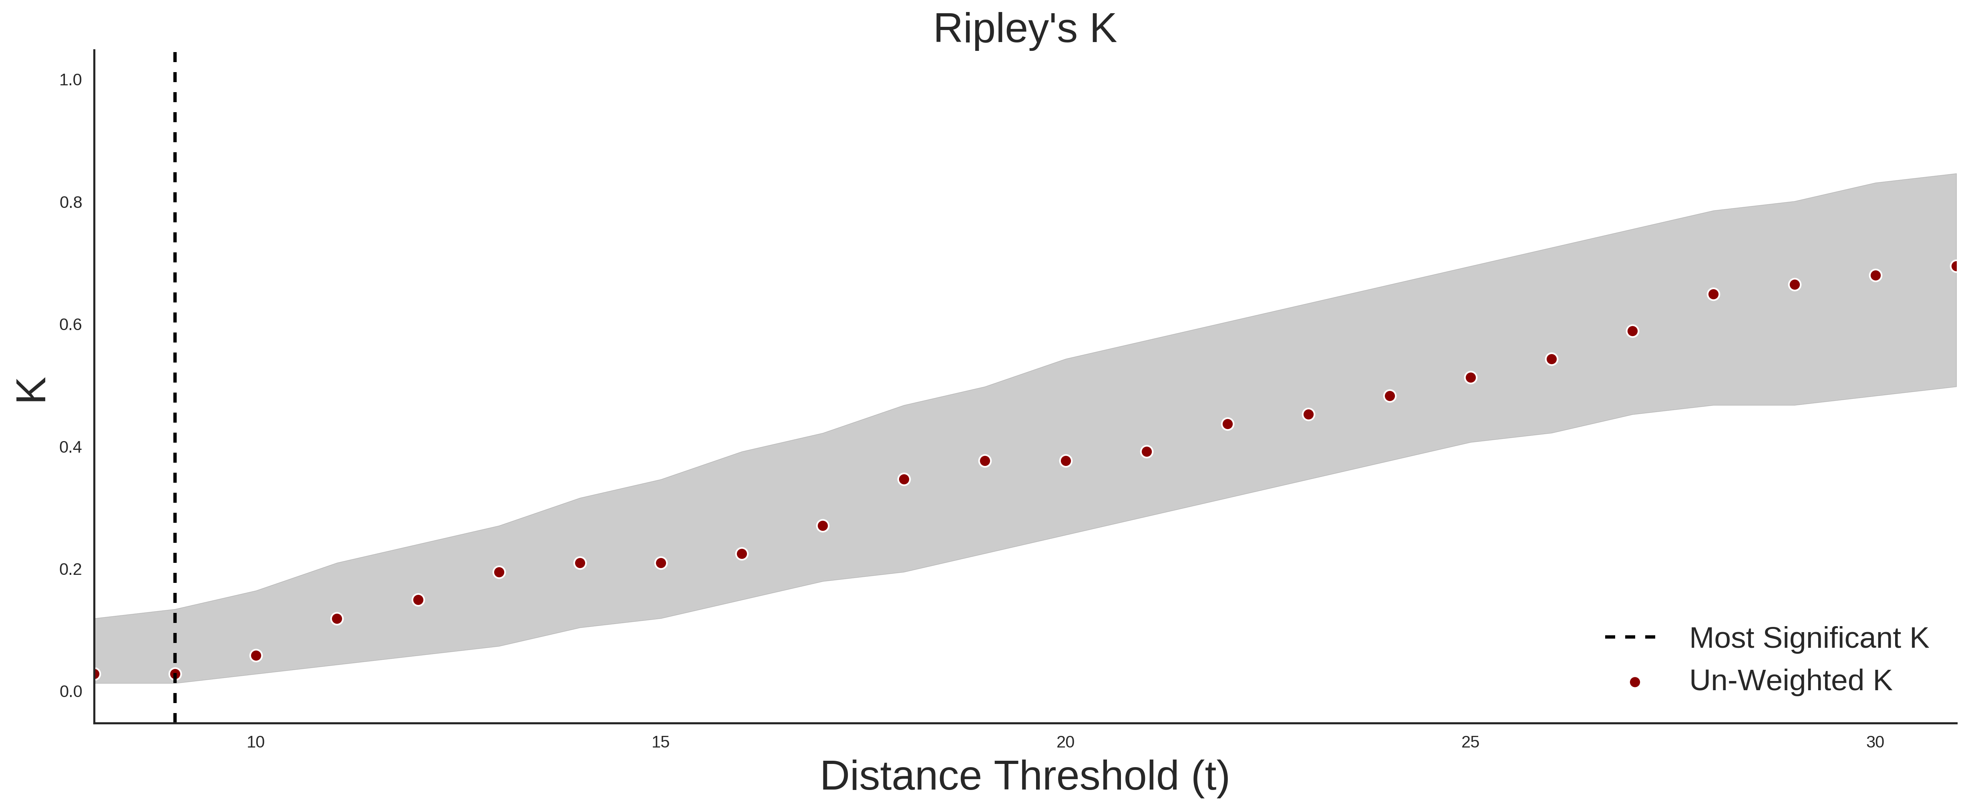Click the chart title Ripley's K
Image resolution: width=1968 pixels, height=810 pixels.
[x=1024, y=29]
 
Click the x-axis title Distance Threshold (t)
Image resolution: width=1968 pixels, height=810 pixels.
[x=1024, y=776]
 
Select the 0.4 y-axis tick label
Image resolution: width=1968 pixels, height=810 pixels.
[x=70, y=447]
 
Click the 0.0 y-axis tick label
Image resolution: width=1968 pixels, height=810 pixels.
[x=70, y=691]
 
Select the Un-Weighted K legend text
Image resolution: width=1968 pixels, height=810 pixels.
[x=1791, y=680]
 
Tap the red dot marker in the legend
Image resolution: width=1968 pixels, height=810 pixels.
[x=1634, y=682]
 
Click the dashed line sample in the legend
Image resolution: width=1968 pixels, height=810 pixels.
[x=1630, y=637]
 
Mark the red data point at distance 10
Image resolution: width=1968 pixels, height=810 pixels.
[x=256, y=656]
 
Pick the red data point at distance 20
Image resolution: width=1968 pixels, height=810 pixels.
[x=1066, y=461]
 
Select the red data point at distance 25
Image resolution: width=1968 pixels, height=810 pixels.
[x=1471, y=377]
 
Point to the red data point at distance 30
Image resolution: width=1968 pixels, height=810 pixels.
[x=1875, y=275]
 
